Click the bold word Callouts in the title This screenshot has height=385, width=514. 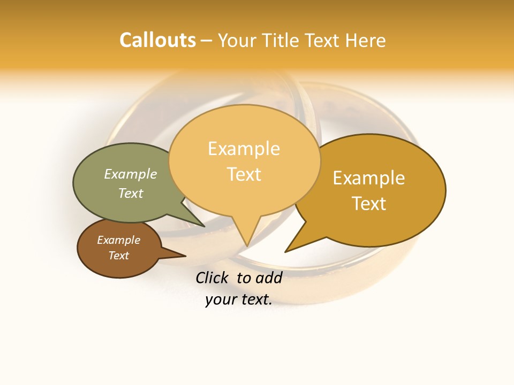[157, 40]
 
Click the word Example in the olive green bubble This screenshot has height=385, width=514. [131, 174]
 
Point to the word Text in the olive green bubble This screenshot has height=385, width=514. [131, 193]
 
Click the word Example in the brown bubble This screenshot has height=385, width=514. [118, 240]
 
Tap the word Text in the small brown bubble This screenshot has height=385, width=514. [118, 256]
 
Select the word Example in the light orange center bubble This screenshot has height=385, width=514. [244, 149]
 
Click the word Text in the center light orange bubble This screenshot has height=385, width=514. [244, 174]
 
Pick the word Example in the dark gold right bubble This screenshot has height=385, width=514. [369, 178]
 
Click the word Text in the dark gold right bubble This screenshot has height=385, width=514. [369, 204]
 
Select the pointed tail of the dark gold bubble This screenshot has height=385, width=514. [287, 251]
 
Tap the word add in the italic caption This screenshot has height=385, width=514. [269, 278]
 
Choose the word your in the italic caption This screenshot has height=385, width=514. [220, 299]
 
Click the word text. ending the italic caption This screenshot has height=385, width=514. [255, 299]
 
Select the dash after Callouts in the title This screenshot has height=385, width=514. [207, 41]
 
